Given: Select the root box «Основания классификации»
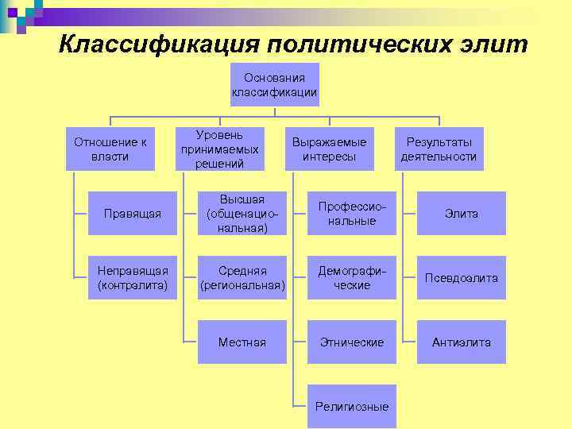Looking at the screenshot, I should [274, 85].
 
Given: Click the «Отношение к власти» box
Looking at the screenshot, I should [110, 149].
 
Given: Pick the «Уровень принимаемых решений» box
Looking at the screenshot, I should [219, 149].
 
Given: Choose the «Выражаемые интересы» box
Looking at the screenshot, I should [329, 149].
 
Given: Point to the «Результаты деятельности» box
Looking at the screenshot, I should [439, 149].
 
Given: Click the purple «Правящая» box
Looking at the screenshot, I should [133, 214].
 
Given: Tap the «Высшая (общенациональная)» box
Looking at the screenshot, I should [242, 214].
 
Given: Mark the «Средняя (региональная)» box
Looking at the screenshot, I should [242, 278].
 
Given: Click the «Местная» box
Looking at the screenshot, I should [242, 342].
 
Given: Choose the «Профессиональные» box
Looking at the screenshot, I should [352, 214].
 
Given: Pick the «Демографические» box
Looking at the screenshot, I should [352, 278].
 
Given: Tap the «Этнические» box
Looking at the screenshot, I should [352, 342].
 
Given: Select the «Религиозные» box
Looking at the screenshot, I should [352, 407].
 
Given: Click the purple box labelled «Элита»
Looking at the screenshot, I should [462, 214].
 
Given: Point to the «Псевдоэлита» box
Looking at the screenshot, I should [462, 278].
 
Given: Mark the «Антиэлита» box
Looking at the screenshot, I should [462, 342].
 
